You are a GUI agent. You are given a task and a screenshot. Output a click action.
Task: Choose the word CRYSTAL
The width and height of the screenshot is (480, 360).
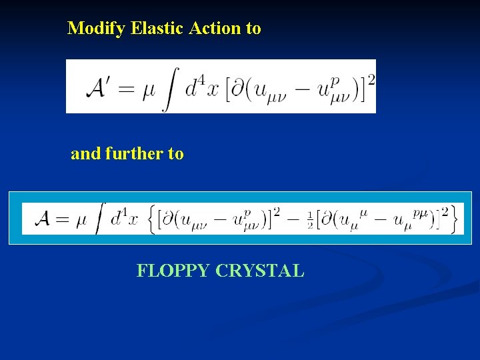pos(260,271)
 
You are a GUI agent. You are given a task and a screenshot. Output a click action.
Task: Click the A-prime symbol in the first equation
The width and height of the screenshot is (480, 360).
pos(102,89)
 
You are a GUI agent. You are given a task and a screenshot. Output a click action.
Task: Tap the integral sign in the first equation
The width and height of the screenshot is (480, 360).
pos(170,89)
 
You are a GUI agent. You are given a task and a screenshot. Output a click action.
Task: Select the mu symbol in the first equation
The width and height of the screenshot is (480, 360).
pos(149,91)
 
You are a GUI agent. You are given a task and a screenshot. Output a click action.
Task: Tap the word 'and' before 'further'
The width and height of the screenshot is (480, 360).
pos(85,154)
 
